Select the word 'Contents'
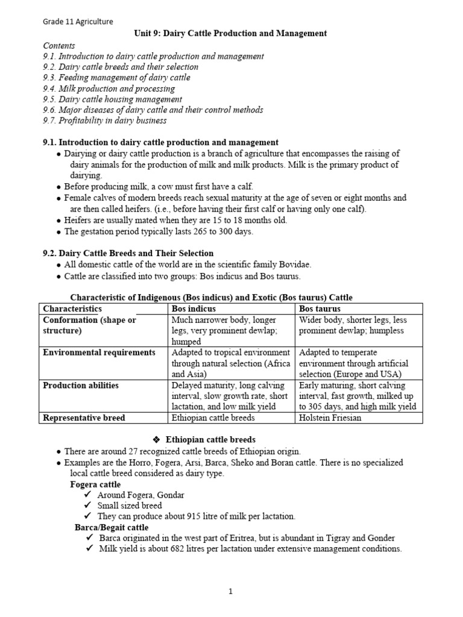(59, 45)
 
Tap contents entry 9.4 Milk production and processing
(109, 89)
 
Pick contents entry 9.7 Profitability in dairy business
(104, 121)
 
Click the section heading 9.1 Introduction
(160, 143)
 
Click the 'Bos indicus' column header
(193, 309)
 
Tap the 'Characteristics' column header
(72, 309)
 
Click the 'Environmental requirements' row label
(99, 352)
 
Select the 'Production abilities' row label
(81, 386)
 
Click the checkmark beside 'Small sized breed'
(88, 506)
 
